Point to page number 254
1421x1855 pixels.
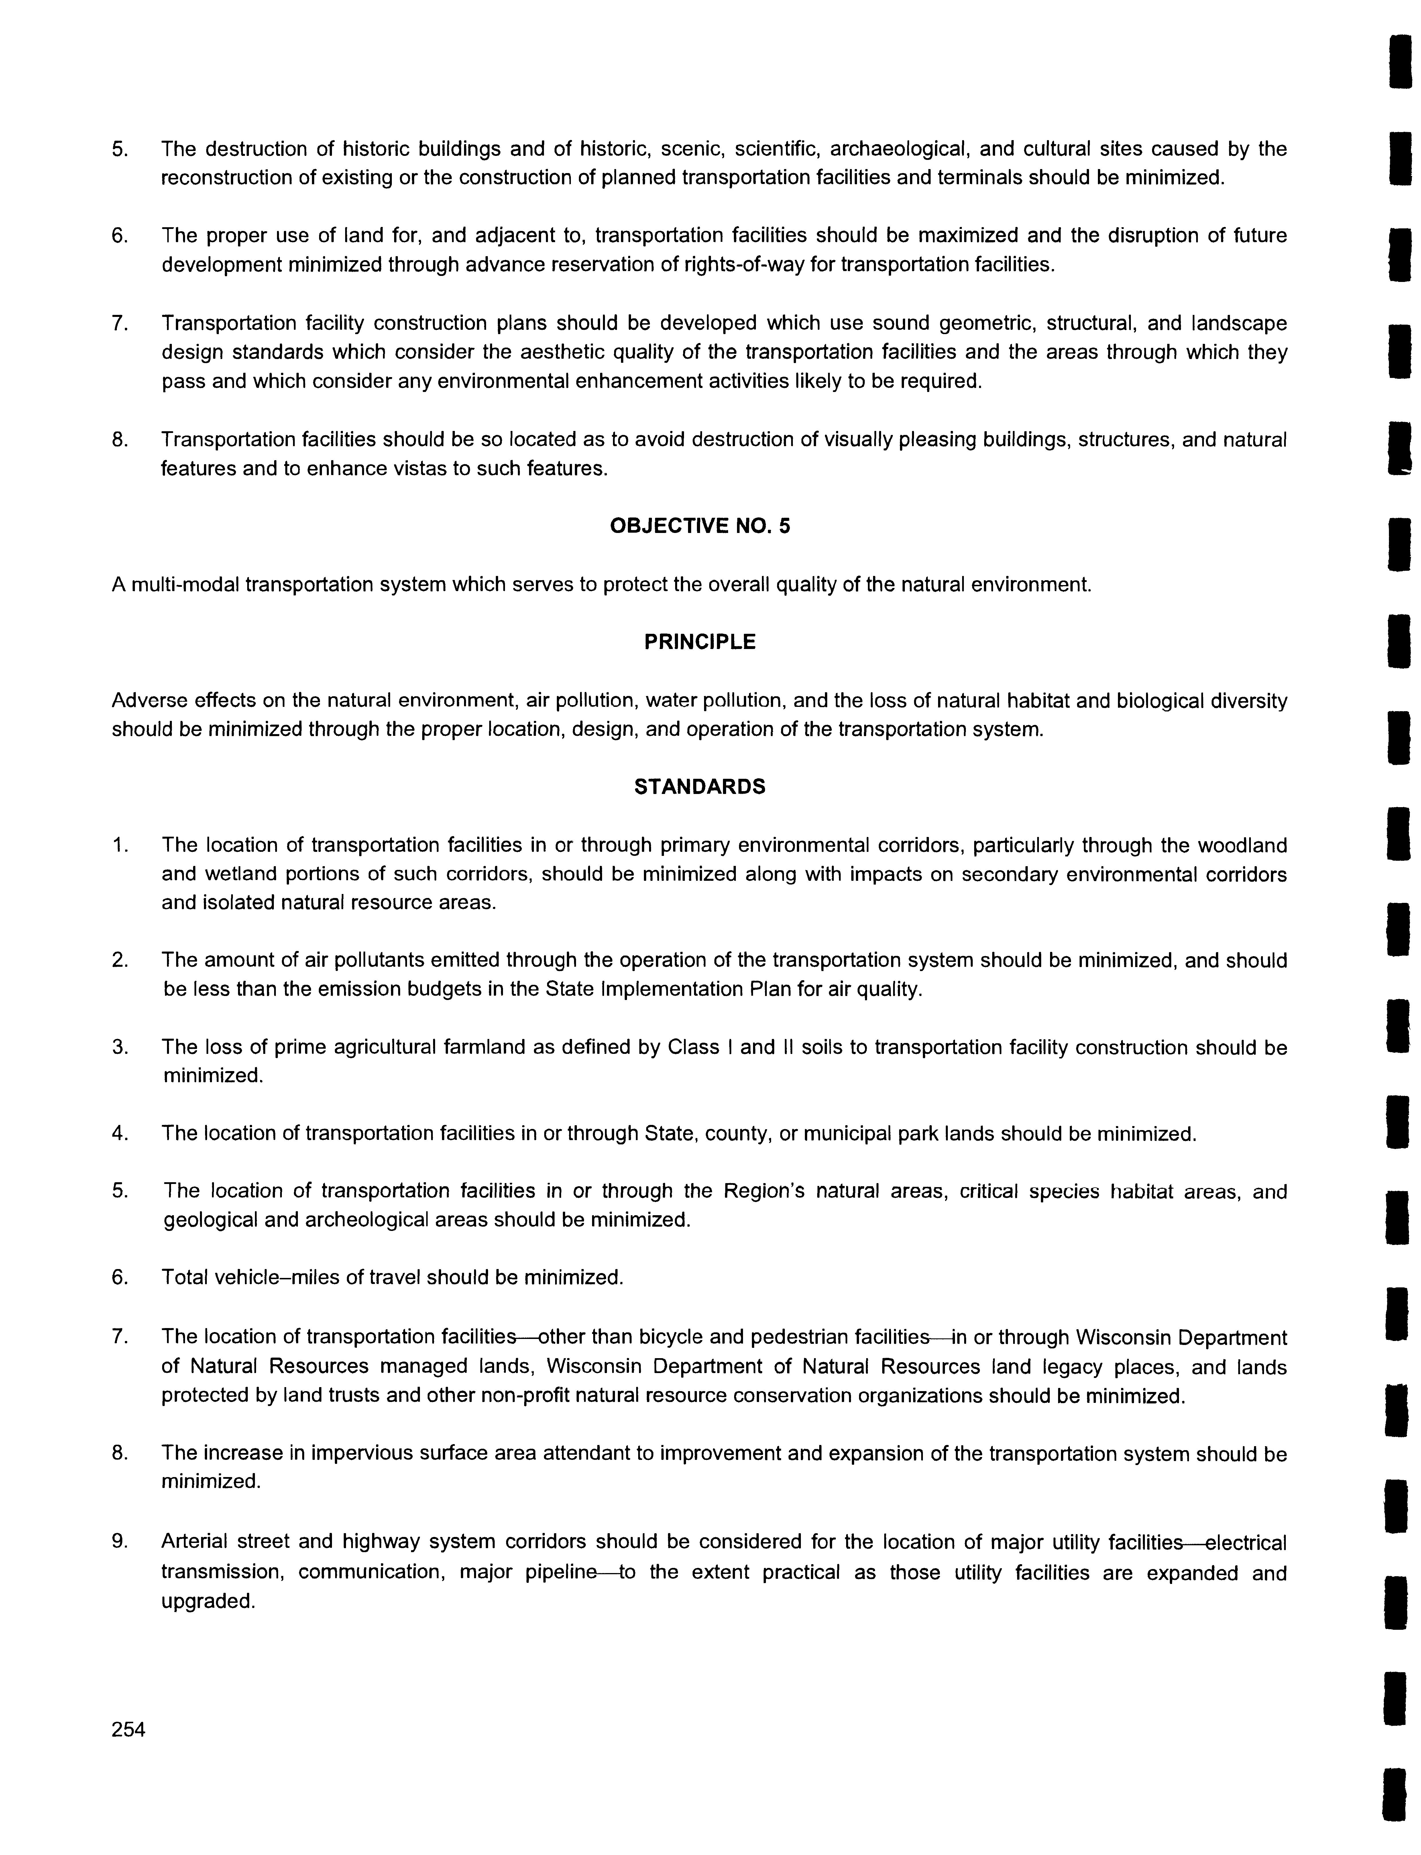point(129,1730)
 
